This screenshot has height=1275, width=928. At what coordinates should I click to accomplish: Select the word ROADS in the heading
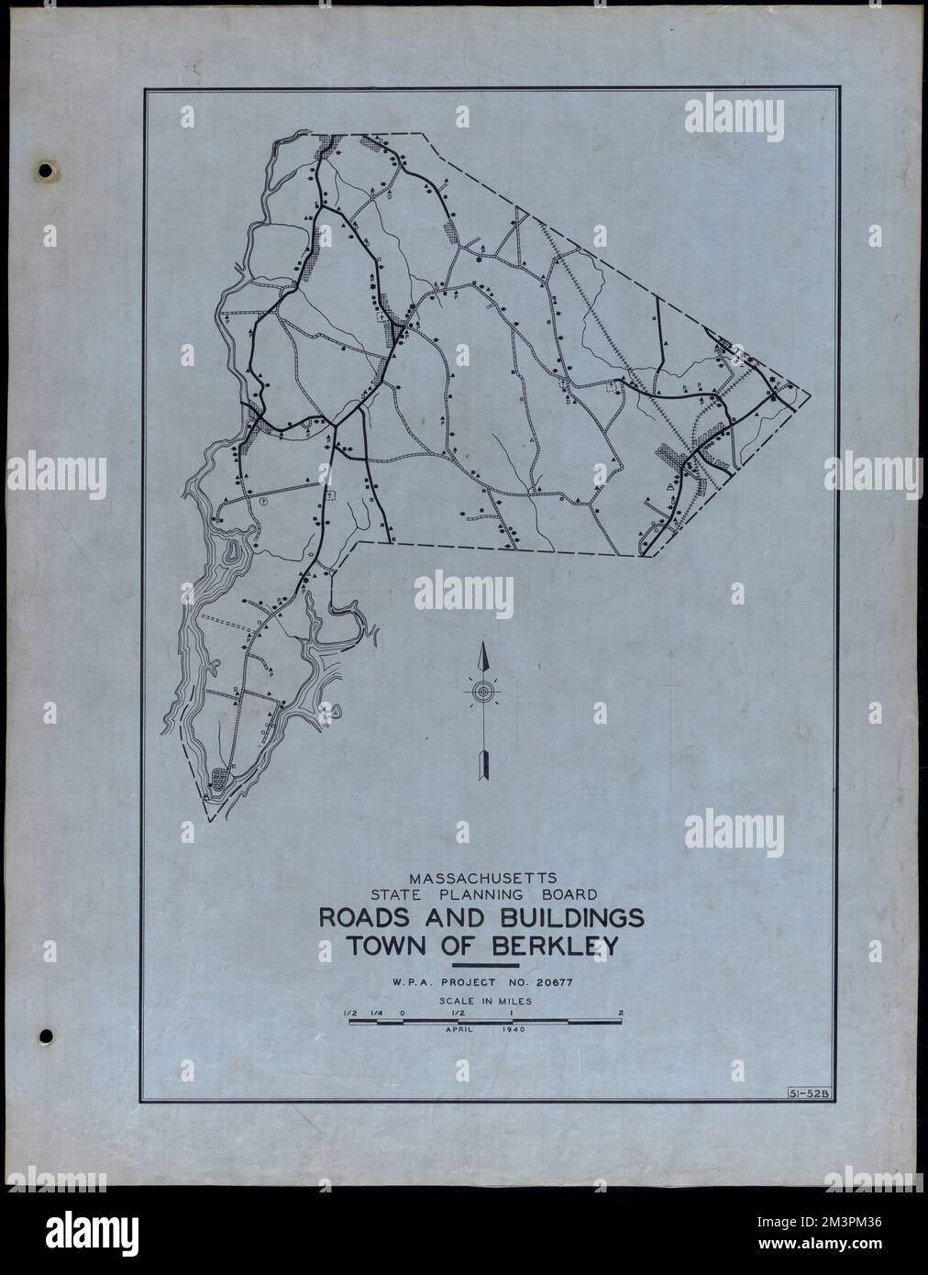365,919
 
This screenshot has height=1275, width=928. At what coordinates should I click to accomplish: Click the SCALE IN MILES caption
485,1003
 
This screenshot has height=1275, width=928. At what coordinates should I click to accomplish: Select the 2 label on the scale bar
622,1014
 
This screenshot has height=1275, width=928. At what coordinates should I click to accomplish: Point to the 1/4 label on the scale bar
375,1014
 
